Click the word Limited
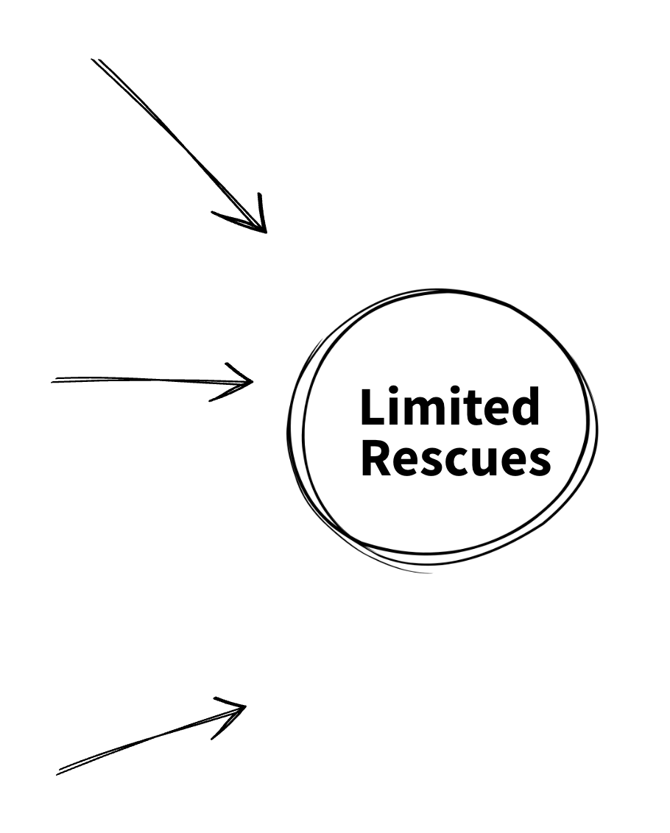tap(449, 407)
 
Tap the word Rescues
tap(455, 459)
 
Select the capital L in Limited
tap(371, 407)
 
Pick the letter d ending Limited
tap(526, 407)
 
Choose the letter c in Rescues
tap(453, 462)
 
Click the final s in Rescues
tap(537, 462)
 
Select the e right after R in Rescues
tap(403, 462)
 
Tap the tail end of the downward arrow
tap(94, 60)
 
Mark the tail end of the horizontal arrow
tap(54, 380)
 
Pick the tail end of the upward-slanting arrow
tap(59, 773)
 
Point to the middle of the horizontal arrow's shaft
tap(151, 380)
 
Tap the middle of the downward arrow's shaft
tap(177, 143)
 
